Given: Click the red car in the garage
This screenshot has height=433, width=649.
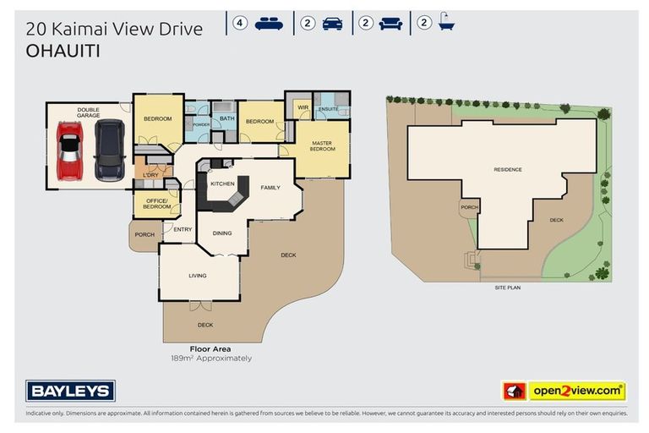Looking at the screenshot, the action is point(70,151).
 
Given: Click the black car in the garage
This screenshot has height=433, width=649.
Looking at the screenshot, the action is point(110,151).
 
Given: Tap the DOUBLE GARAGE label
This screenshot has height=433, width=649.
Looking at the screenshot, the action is point(88,112).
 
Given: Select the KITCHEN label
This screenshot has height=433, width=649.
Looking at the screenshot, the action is point(223,184).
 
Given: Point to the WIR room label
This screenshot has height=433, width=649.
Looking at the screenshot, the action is point(303,107).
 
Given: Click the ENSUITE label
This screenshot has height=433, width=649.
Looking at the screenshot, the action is point(328,109).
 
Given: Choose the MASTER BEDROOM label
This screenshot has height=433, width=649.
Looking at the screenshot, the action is point(322,145).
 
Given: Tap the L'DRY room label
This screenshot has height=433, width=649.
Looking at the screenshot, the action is point(150,175).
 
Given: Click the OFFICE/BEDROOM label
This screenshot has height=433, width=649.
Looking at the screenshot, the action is point(156,204).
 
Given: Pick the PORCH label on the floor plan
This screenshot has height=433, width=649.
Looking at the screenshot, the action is point(145,234).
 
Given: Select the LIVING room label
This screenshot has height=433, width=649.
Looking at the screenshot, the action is point(198,276).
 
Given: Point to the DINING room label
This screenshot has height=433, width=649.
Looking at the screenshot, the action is point(222,233).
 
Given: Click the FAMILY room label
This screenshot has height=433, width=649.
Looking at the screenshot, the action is point(270,188).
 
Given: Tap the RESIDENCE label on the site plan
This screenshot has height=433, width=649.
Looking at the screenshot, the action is point(508,169).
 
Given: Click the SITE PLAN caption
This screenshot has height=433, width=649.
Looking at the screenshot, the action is point(508,288).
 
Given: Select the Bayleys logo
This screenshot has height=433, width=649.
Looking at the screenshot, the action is point(70,391).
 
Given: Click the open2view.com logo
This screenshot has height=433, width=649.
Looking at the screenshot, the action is point(564,391).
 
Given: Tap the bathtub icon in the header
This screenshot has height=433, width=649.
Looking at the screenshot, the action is point(446,21).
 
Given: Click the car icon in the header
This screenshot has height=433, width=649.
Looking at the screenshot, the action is point(332,24).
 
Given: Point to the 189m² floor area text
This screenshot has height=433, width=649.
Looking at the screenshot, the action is point(211,359).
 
